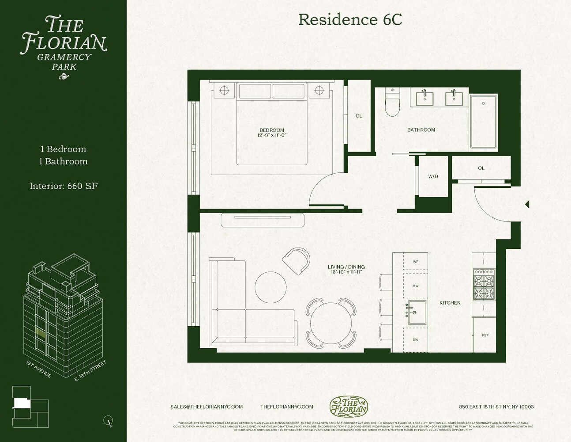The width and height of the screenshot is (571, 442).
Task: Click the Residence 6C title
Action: (x=350, y=19)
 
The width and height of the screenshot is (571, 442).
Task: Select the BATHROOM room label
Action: (x=421, y=130)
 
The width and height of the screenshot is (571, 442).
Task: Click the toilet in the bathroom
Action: (x=392, y=103)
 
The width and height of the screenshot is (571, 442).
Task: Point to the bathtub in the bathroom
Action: (x=484, y=122)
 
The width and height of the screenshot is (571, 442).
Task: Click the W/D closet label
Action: (x=433, y=177)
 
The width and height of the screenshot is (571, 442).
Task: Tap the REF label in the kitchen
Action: (x=485, y=335)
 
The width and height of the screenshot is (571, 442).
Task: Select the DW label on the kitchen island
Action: (x=415, y=340)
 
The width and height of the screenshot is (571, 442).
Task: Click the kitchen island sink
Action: (x=416, y=312)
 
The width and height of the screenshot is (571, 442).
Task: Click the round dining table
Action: (x=331, y=323)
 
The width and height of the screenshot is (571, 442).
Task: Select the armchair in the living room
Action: (x=297, y=261)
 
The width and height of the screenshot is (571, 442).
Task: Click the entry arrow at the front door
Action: (x=526, y=205)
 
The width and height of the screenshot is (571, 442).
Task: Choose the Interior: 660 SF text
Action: (x=64, y=186)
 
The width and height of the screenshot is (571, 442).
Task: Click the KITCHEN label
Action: (x=450, y=303)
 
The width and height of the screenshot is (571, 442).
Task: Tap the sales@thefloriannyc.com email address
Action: (x=207, y=407)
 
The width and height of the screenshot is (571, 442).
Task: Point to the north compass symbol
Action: (x=108, y=421)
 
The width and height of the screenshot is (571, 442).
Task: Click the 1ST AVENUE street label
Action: (x=39, y=370)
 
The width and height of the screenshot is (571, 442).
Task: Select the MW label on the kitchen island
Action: (x=415, y=286)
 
